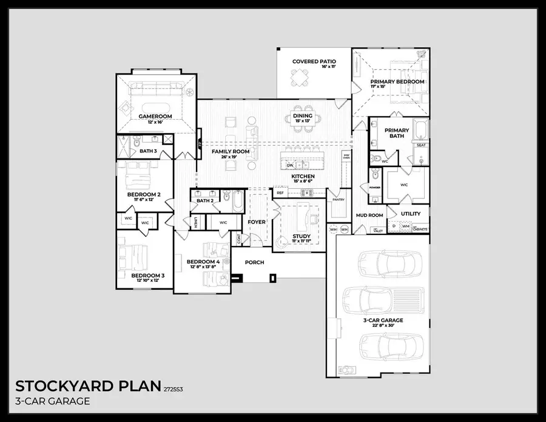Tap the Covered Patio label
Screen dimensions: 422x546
314,61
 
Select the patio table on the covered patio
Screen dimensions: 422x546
298,78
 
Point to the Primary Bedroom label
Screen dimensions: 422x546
397,81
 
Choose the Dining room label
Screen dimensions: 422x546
302,115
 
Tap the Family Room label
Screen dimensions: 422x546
231,151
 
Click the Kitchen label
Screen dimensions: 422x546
302,177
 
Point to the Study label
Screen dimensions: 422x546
301,236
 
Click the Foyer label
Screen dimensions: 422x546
256,222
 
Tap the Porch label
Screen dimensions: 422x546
254,262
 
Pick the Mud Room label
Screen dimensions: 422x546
369,215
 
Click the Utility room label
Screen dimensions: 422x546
411,214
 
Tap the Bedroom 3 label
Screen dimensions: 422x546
148,276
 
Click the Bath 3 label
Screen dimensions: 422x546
148,151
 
